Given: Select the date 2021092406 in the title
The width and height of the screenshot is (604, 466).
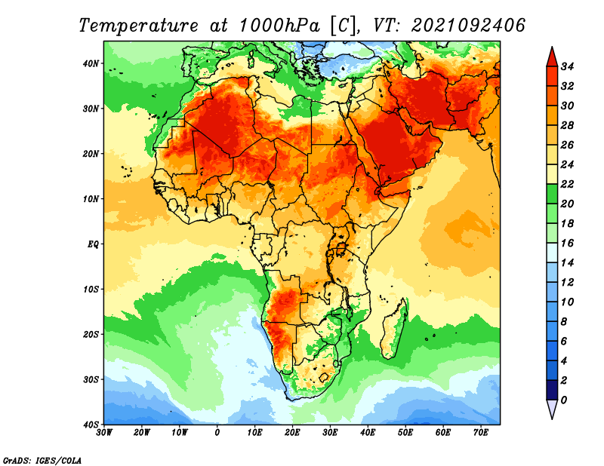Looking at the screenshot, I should coord(468,25).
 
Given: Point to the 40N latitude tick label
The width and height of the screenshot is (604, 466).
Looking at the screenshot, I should coord(91,63).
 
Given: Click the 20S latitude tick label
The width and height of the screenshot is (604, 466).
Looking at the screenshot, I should coord(91,334).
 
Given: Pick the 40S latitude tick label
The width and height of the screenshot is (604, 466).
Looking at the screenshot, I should coord(91,424).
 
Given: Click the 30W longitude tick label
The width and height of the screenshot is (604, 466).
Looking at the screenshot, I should coord(105,433).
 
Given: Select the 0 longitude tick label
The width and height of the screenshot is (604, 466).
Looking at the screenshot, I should coord(217,433).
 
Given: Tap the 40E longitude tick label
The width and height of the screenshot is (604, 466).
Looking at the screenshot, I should coord(368,433).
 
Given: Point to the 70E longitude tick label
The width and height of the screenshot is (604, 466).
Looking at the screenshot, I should coord(480,433).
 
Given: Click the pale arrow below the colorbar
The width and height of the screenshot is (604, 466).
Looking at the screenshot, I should coord(552,409).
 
